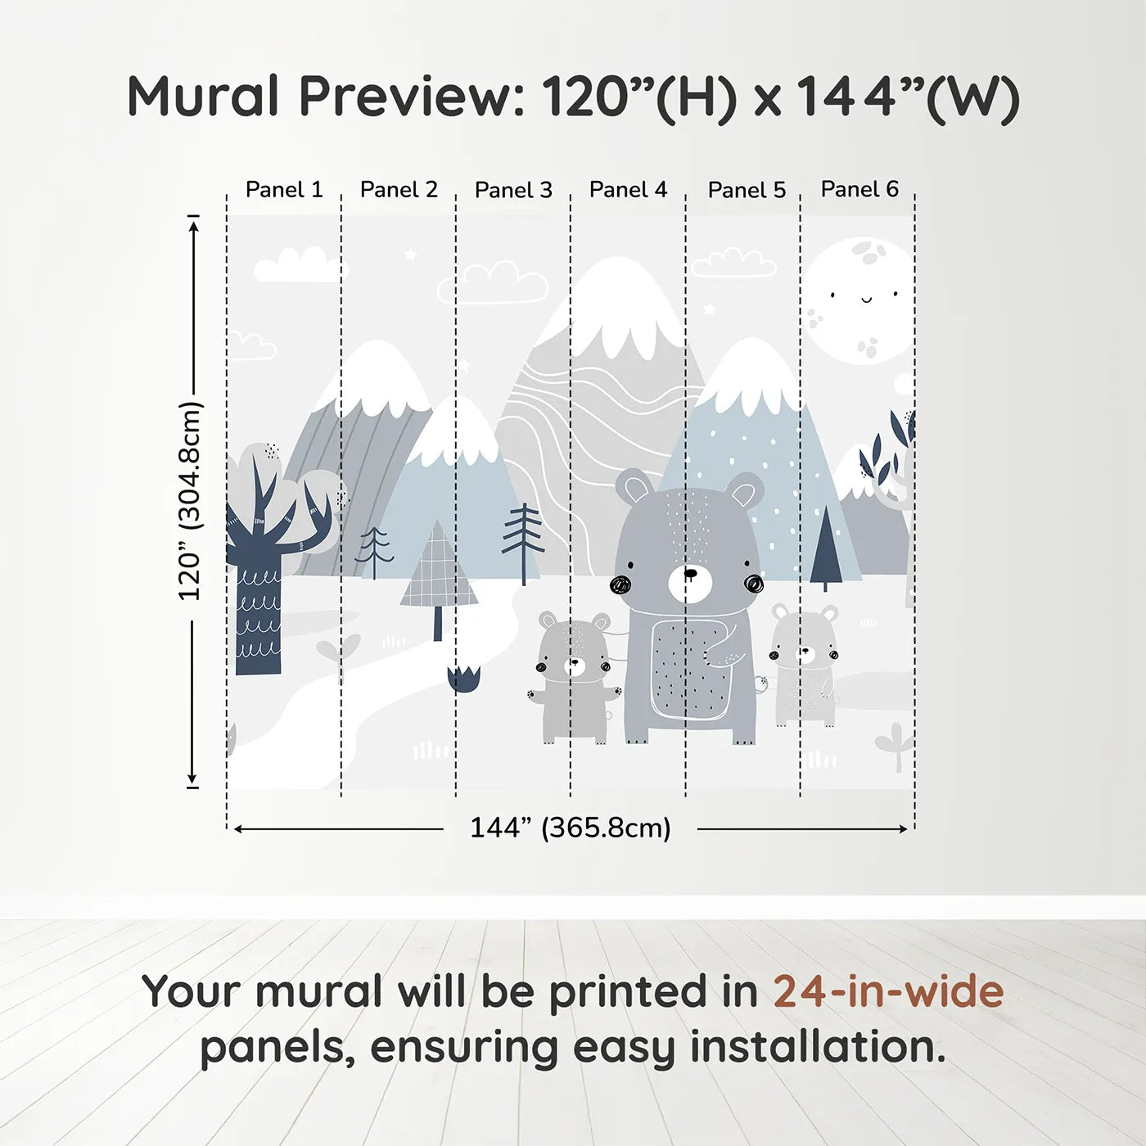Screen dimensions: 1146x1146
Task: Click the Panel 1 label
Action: click(x=284, y=190)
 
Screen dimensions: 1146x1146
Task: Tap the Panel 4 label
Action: click(x=628, y=190)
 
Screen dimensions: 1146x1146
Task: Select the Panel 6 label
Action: click(x=859, y=189)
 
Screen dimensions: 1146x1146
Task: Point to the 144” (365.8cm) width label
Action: click(x=570, y=828)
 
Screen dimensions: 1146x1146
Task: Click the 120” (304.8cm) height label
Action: click(x=190, y=501)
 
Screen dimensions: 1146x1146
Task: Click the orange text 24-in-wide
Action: click(x=888, y=991)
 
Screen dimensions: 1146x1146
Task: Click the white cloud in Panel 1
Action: click(x=299, y=265)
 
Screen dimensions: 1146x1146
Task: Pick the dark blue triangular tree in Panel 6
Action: click(x=825, y=548)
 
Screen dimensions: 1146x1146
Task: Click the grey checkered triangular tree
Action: click(x=439, y=573)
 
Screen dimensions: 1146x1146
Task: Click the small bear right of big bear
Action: click(x=805, y=663)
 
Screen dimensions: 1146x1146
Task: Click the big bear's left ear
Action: click(x=634, y=488)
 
